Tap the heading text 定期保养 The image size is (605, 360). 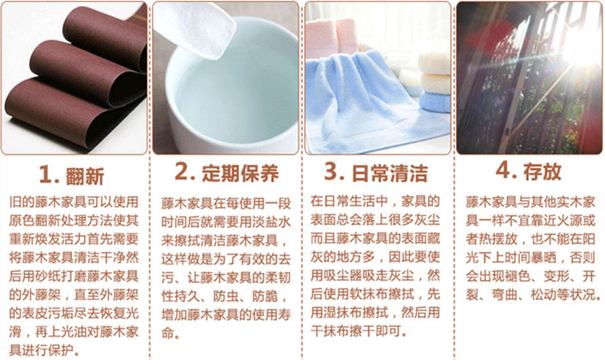coord(240,173)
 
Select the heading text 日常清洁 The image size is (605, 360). coord(389,173)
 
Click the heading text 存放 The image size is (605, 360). coord(542,172)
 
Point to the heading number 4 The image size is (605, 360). coord(505,170)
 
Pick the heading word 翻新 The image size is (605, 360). coord(85,177)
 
